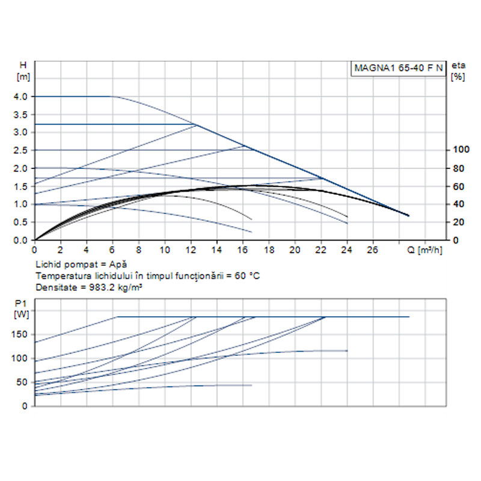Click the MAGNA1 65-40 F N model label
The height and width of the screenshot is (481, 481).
[397, 69]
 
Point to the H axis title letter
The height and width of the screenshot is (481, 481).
[23, 66]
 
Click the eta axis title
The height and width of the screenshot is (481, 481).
[459, 66]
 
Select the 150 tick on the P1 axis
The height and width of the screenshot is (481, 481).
[21, 334]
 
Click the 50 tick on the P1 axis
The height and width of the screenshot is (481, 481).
[23, 382]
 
